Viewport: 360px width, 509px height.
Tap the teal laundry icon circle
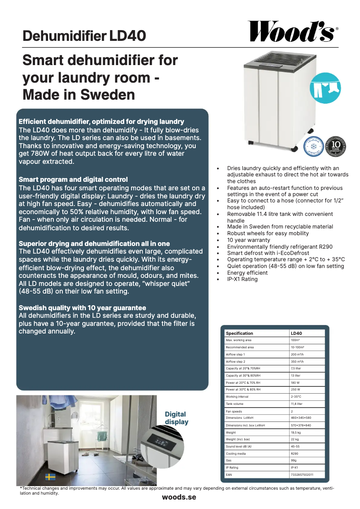tap(325, 88)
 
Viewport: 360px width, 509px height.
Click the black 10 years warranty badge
tap(336, 146)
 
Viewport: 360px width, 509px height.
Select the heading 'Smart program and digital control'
tap(73, 180)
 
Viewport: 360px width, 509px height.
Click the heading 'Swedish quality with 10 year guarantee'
tap(82, 308)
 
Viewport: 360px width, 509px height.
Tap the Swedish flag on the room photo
tap(50, 477)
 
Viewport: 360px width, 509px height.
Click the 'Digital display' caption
tap(176, 418)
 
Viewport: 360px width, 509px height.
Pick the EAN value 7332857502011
tap(302, 474)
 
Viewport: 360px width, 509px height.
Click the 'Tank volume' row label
tap(235, 404)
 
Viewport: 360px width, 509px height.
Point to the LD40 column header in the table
tap(297, 333)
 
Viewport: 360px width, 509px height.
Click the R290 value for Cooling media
tap(295, 453)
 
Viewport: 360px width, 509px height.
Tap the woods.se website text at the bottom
tap(179, 497)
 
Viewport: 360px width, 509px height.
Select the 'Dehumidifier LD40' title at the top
tap(84, 36)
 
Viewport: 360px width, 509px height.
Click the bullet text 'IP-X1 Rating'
tap(242, 279)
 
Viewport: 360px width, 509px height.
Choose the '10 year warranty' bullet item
tap(249, 240)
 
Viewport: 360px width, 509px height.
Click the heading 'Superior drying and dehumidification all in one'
tap(94, 244)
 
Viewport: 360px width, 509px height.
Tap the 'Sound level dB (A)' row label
tap(238, 446)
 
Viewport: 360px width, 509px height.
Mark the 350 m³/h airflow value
tap(298, 361)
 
